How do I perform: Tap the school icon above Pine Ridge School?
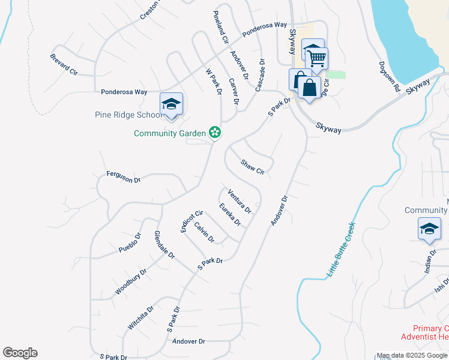(171, 104)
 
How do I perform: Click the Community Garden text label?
(170, 133)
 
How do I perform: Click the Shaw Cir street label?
(253, 167)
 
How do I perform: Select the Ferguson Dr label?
(123, 176)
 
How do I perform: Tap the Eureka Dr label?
(229, 215)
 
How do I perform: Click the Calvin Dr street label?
(204, 232)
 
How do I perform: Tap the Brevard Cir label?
(65, 64)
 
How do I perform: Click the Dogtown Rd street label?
(389, 76)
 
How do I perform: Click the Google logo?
(20, 353)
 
